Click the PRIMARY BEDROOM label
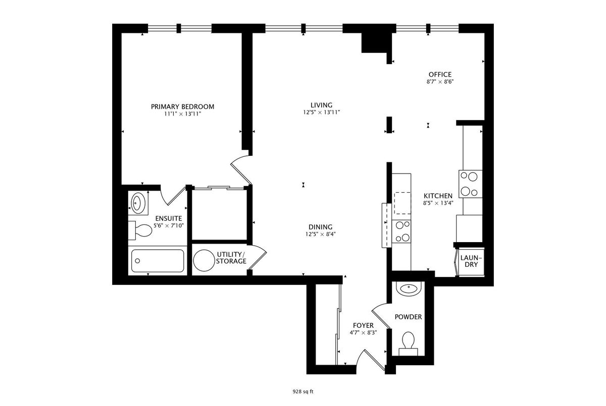point(183,107)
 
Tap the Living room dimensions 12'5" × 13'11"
point(321,112)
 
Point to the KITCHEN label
point(438,196)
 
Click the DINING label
point(321,227)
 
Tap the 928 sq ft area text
point(303,391)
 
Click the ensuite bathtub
point(158,261)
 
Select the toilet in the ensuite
point(140,230)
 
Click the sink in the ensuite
point(138,202)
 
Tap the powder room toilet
point(408,343)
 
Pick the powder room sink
point(408,289)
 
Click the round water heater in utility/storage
point(204,260)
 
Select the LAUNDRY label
point(471,261)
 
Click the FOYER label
point(363,325)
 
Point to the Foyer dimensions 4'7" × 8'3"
point(363,333)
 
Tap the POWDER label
point(408,317)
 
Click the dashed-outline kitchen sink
point(402,203)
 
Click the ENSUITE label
point(169,218)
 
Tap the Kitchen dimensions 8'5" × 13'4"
point(438,203)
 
